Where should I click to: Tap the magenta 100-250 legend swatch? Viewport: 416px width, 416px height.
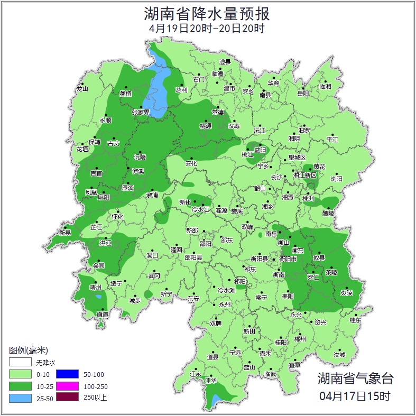pyautogui.click(x=67, y=386)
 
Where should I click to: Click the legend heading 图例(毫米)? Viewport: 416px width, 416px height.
pyautogui.click(x=29, y=350)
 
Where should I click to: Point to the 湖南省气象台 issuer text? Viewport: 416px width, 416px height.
pyautogui.click(x=355, y=378)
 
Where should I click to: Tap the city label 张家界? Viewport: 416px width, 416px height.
pyautogui.click(x=141, y=112)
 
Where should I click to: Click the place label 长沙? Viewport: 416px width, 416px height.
pyautogui.click(x=276, y=178)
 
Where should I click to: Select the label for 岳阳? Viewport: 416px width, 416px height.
pyautogui.click(x=303, y=94)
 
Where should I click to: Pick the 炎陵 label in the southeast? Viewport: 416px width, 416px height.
pyautogui.click(x=346, y=292)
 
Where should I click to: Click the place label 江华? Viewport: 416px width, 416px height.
pyautogui.click(x=211, y=380)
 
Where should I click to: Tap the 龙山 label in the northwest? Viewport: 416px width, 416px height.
pyautogui.click(x=82, y=89)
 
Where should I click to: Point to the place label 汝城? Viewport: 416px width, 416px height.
pyautogui.click(x=339, y=355)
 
